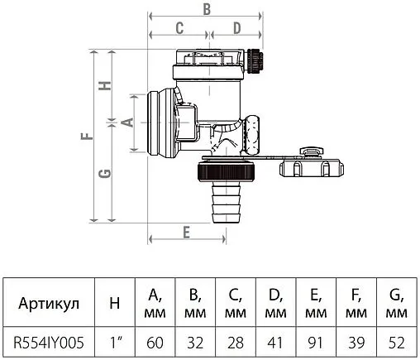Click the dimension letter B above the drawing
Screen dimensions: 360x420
207,9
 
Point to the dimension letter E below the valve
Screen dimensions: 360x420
187,232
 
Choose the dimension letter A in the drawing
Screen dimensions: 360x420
126,122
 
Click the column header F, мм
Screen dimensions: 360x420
356,302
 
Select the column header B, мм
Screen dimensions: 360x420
195,302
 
